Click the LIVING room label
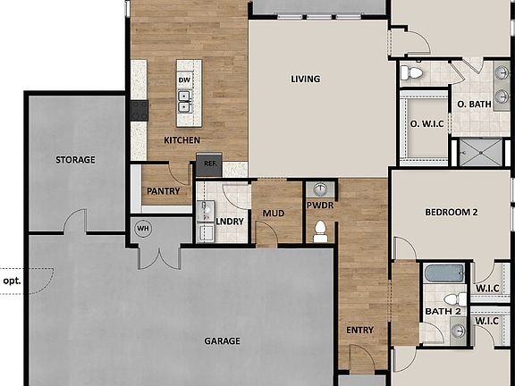pyautogui.click(x=305, y=79)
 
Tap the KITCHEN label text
pyautogui.click(x=182, y=140)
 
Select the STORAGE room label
pyautogui.click(x=75, y=160)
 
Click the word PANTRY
pyautogui.click(x=164, y=190)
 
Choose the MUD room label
pyautogui.click(x=273, y=214)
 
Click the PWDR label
pyautogui.click(x=319, y=205)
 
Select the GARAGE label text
pyautogui.click(x=222, y=341)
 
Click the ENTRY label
pyautogui.click(x=359, y=331)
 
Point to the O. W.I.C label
pyautogui.click(x=427, y=123)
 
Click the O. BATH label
pyautogui.click(x=475, y=105)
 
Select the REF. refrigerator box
pyautogui.click(x=209, y=164)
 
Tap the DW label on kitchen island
pyautogui.click(x=184, y=80)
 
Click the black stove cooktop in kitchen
pyautogui.click(x=139, y=110)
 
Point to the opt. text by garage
pyautogui.click(x=12, y=279)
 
